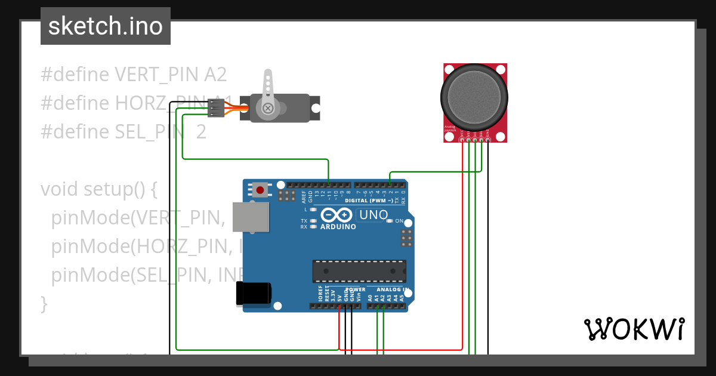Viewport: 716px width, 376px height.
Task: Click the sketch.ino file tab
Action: point(106,26)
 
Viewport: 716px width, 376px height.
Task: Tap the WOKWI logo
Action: point(634,329)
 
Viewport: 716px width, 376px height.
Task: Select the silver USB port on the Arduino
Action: point(250,217)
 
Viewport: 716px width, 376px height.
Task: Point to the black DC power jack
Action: point(254,293)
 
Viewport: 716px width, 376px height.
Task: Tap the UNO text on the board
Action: point(373,214)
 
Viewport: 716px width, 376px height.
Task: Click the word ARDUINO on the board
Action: point(338,227)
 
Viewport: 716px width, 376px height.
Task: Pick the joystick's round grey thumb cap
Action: point(475,97)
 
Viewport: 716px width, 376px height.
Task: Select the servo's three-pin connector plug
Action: point(215,108)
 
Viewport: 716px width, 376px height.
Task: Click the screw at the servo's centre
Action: point(268,108)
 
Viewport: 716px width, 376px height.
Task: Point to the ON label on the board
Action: point(400,221)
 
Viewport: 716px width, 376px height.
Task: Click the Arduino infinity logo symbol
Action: point(336,215)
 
